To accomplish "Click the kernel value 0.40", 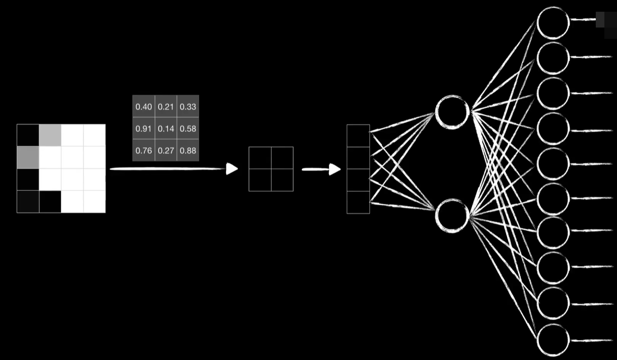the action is [x=143, y=107].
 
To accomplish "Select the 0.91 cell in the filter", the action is [x=143, y=129].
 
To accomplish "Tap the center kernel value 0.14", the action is [x=166, y=129].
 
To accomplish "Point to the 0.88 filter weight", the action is [x=188, y=151].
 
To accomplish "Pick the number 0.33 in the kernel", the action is [x=188, y=107].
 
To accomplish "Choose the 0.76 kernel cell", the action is [x=143, y=151].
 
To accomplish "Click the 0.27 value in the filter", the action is [x=166, y=151].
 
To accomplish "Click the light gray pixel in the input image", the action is [x=50, y=135].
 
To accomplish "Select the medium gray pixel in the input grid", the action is [x=28, y=157].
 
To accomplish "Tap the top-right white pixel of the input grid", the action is [x=94, y=135].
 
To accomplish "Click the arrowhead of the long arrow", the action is [x=232, y=169].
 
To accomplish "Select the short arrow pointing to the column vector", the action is [x=321, y=170].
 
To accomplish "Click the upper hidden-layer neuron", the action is [x=452, y=111].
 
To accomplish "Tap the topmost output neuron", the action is [x=553, y=23].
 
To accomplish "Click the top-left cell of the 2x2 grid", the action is [x=260, y=158].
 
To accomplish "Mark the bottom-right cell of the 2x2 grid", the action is [x=282, y=180].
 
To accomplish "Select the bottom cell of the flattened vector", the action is [x=358, y=202].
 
